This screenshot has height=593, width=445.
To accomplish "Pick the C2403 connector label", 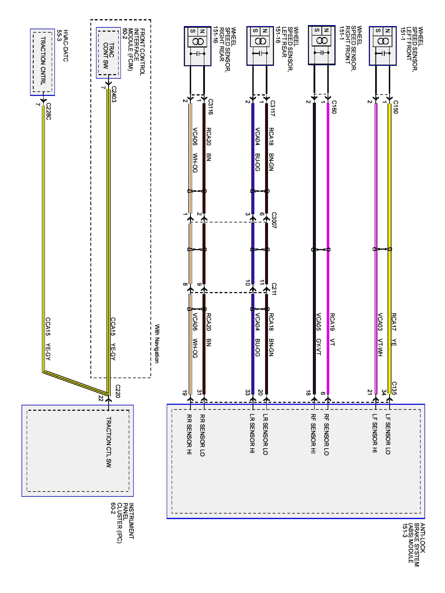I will tap(114, 94).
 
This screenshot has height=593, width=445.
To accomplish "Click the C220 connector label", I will tap(117, 391).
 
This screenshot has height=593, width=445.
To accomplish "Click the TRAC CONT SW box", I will tap(108, 53).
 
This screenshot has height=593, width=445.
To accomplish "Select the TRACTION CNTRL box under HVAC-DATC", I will tap(42, 62).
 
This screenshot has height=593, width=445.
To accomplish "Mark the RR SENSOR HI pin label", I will tap(189, 434).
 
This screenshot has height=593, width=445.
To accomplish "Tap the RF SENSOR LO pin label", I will tap(326, 434).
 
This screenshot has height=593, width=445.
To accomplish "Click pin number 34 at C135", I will tap(384, 393).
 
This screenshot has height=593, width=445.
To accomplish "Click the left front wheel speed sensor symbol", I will tap(383, 46).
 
